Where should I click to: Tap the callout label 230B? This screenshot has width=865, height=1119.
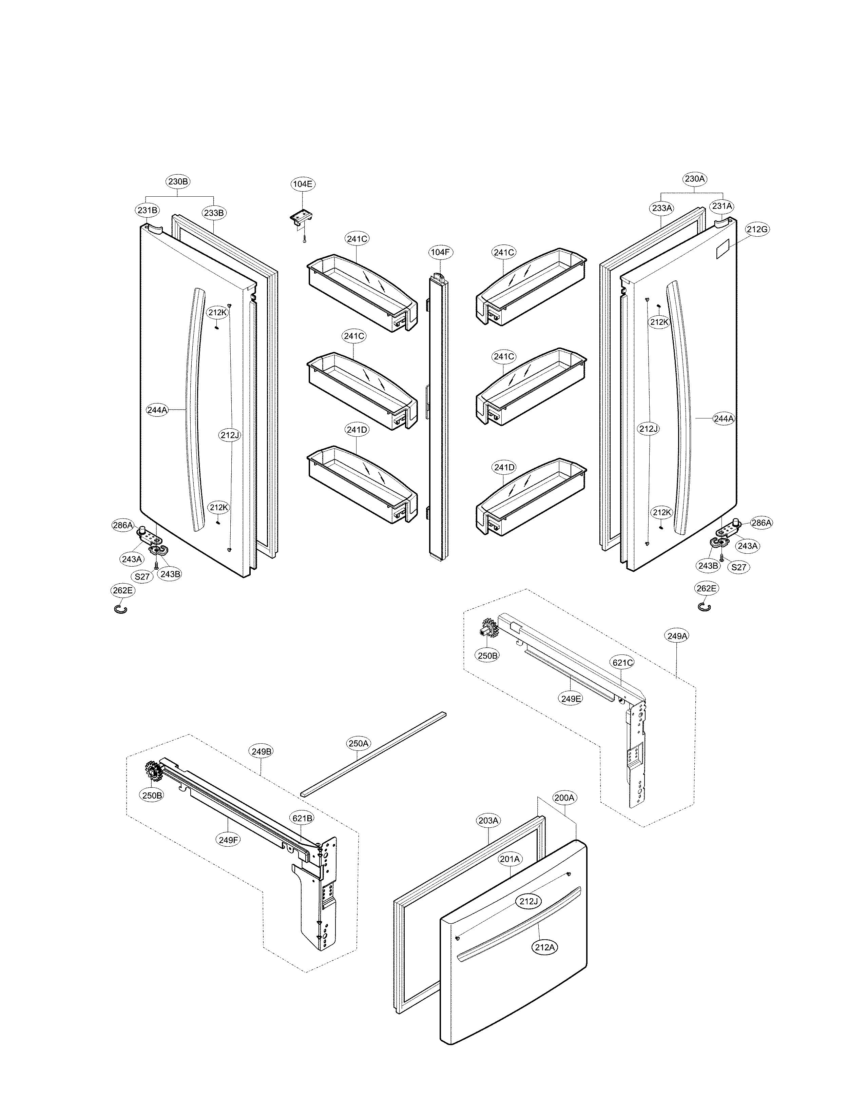(178, 181)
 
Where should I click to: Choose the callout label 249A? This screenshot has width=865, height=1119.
(677, 636)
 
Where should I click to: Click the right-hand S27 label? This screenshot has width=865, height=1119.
(738, 567)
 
